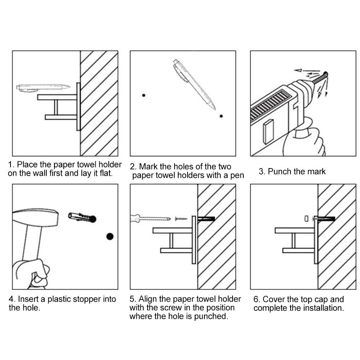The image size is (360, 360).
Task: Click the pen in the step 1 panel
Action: tap(43, 88)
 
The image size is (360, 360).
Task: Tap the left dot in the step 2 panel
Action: tap(144, 95)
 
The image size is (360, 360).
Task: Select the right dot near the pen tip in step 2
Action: tap(221, 116)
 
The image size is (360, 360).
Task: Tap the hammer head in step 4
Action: tap(35, 217)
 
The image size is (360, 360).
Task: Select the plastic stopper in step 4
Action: tap(82, 217)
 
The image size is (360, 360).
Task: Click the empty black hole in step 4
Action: tap(110, 236)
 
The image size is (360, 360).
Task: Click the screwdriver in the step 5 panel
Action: tap(150, 219)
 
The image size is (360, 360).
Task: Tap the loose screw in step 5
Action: tap(181, 219)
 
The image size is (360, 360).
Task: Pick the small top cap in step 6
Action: tap(306, 219)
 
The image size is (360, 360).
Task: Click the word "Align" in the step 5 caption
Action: tap(148, 299)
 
